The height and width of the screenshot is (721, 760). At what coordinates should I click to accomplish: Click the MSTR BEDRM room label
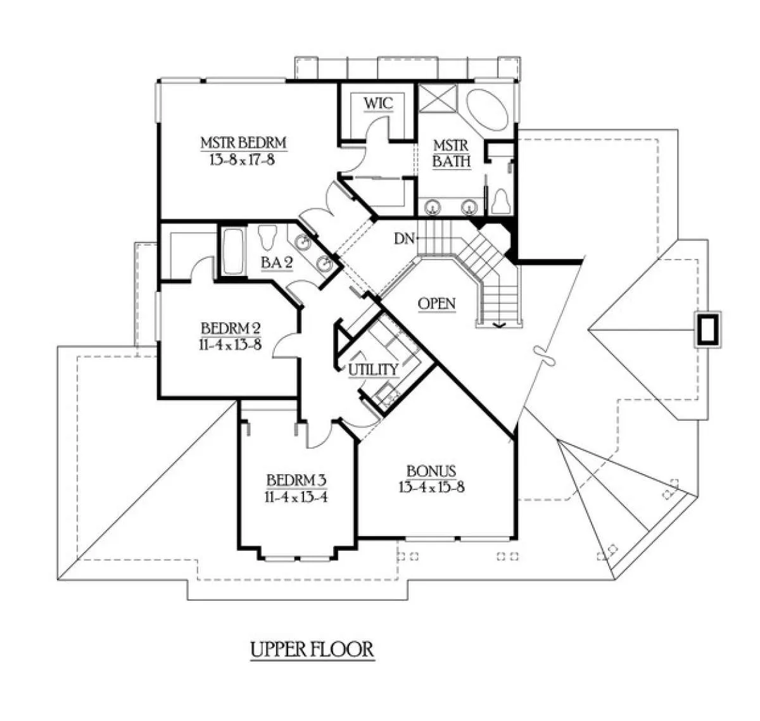[244, 143]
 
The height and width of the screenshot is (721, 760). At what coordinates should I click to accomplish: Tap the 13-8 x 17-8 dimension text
[244, 160]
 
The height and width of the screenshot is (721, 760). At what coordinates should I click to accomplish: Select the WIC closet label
[378, 103]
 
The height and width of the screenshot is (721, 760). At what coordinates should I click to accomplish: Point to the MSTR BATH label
[452, 153]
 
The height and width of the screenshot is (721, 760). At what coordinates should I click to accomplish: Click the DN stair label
[404, 239]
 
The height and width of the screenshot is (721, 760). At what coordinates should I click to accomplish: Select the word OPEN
[437, 304]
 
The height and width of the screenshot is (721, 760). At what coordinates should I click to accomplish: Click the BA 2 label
[277, 262]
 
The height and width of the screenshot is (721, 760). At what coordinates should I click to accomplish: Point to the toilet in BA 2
[269, 237]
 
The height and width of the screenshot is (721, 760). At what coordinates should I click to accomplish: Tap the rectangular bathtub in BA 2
[229, 252]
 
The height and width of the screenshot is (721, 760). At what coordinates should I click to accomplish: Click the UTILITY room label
[372, 369]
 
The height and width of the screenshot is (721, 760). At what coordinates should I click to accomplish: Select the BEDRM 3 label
[296, 479]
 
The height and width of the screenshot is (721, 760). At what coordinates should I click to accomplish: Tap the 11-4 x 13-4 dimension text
[296, 496]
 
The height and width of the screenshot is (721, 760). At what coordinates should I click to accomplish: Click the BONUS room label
[431, 471]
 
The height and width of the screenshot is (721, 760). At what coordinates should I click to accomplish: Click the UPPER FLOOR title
[312, 649]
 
